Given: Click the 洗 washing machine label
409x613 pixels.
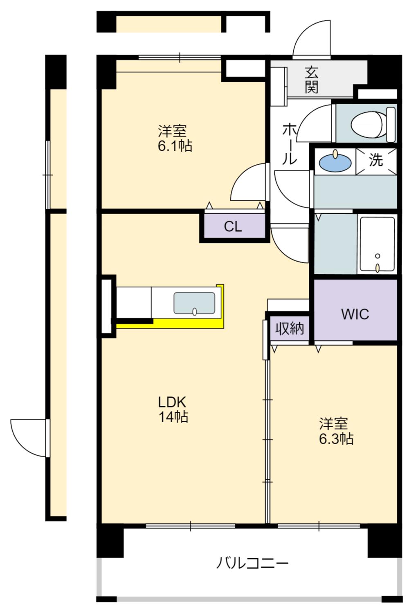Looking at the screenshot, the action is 376,160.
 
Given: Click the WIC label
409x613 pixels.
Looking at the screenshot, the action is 355,314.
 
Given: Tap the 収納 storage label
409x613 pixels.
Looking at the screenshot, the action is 290,329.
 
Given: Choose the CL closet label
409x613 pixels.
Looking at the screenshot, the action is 233,226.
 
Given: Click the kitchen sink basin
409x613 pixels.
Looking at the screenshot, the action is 195,303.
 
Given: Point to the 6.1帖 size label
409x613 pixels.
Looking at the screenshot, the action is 175,145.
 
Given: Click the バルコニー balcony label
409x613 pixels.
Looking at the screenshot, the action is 253,563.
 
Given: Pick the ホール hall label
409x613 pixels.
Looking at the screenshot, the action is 289,144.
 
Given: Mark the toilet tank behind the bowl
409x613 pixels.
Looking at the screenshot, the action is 391,125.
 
